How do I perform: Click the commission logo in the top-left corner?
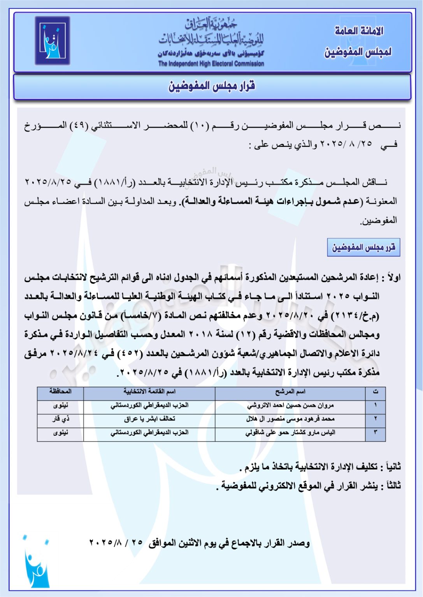pyautogui.click(x=52, y=40)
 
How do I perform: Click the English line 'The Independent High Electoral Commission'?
pyautogui.click(x=211, y=64)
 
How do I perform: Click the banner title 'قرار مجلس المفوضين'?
pyautogui.click(x=212, y=86)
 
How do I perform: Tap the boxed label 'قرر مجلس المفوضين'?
pyautogui.click(x=363, y=248)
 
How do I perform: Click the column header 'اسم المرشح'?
pyautogui.click(x=290, y=392)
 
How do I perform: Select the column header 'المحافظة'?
pyautogui.click(x=60, y=392)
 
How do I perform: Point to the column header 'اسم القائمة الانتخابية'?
pyautogui.click(x=149, y=392)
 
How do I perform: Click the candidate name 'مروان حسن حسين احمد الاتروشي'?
pyautogui.click(x=290, y=405)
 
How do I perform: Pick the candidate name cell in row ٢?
pyautogui.click(x=290, y=419)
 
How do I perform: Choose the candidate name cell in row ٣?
pyautogui.click(x=290, y=433)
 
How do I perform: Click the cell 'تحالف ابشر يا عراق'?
pyautogui.click(x=149, y=419)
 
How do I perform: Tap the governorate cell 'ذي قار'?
pyautogui.click(x=60, y=419)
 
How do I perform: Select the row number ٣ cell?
pyautogui.click(x=376, y=433)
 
